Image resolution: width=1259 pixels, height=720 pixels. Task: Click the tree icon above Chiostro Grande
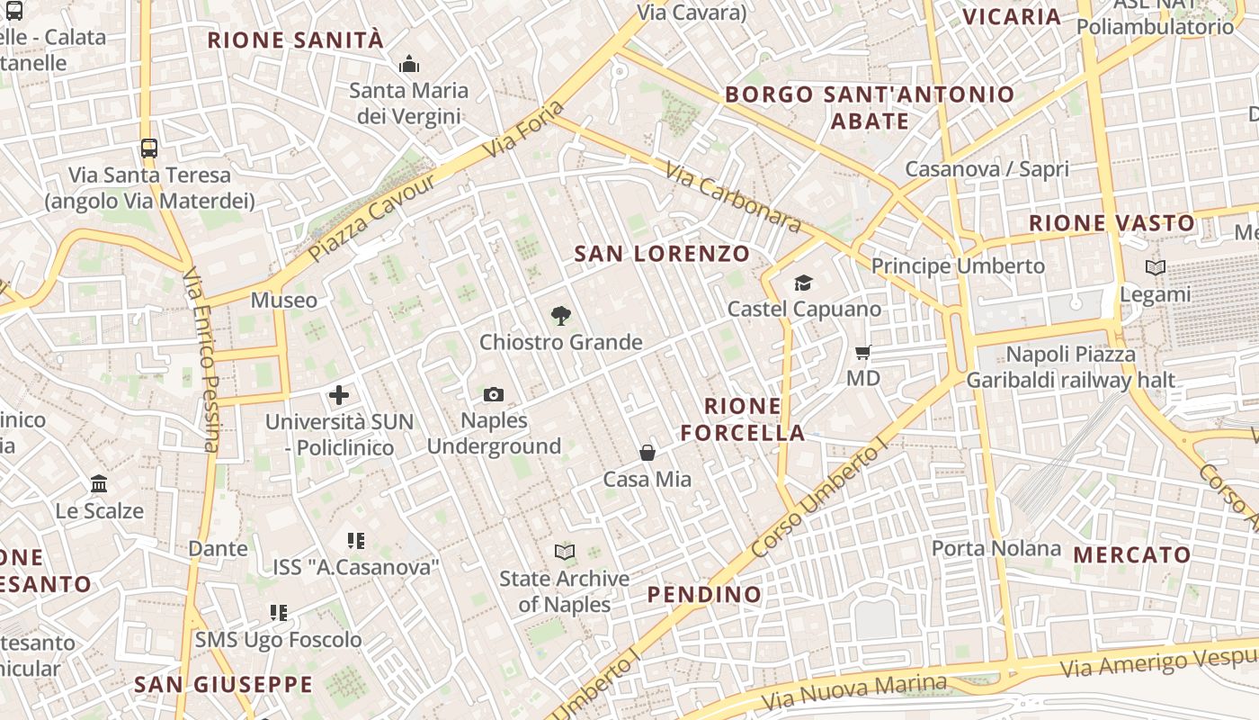561,315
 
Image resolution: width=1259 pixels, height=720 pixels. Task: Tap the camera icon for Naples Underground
493,394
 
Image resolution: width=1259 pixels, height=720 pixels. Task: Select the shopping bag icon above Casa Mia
647,453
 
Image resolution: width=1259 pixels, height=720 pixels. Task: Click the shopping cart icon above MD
863,352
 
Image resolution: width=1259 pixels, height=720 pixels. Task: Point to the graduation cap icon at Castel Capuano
803,283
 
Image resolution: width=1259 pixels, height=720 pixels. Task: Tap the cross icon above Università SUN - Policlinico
339,394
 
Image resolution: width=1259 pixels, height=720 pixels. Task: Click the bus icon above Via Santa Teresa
149,148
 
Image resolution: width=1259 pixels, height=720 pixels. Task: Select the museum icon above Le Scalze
99,484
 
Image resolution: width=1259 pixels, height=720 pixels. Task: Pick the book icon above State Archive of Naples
565,552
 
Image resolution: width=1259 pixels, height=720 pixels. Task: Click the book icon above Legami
1156,267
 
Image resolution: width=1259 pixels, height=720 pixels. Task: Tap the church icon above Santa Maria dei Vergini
409,64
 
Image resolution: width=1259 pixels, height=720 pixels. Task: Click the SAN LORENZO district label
662,254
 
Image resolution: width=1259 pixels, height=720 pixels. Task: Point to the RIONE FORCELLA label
743,419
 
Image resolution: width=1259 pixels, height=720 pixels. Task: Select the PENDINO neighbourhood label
704,594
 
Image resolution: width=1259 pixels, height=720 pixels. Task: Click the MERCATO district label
1132,554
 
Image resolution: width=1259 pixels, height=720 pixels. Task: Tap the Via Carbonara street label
732,196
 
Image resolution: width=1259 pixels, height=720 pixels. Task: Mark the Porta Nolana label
996,548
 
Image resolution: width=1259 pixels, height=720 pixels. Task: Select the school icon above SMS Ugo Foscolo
279,613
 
